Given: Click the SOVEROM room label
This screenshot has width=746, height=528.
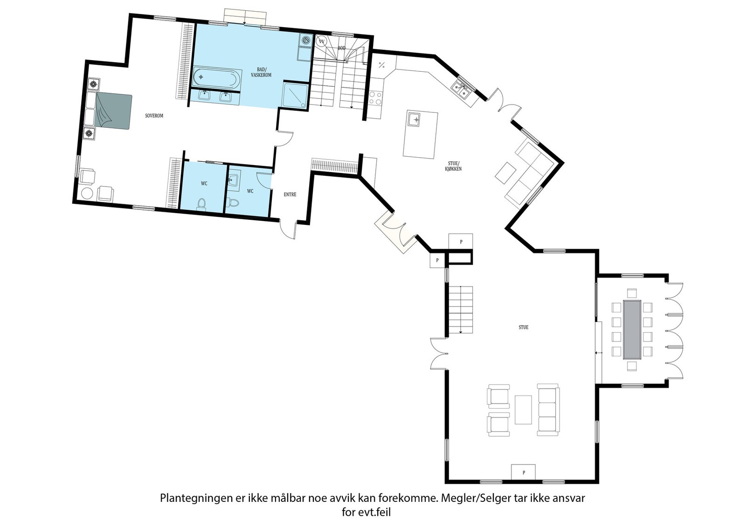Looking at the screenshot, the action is pyautogui.click(x=154, y=116).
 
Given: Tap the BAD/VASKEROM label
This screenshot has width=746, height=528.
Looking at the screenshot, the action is pyautogui.click(x=261, y=72).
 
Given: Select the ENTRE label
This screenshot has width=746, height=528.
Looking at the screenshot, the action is pyautogui.click(x=290, y=195).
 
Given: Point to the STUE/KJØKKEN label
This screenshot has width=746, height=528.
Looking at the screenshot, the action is pyautogui.click(x=453, y=166).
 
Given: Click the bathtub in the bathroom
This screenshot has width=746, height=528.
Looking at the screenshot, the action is pyautogui.click(x=215, y=77).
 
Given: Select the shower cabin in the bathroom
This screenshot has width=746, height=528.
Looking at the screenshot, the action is pyautogui.click(x=295, y=95).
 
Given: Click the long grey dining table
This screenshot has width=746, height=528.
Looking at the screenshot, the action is pyautogui.click(x=632, y=330).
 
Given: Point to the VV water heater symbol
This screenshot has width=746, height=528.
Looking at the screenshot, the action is pyautogui.click(x=321, y=42).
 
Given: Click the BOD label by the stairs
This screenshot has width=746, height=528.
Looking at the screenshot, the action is pyautogui.click(x=342, y=49).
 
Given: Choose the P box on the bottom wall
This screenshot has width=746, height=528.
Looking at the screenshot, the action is pyautogui.click(x=524, y=472).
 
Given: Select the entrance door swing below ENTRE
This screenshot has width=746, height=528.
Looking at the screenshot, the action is pyautogui.click(x=288, y=229).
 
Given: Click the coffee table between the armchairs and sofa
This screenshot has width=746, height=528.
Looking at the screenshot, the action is pyautogui.click(x=523, y=410).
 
